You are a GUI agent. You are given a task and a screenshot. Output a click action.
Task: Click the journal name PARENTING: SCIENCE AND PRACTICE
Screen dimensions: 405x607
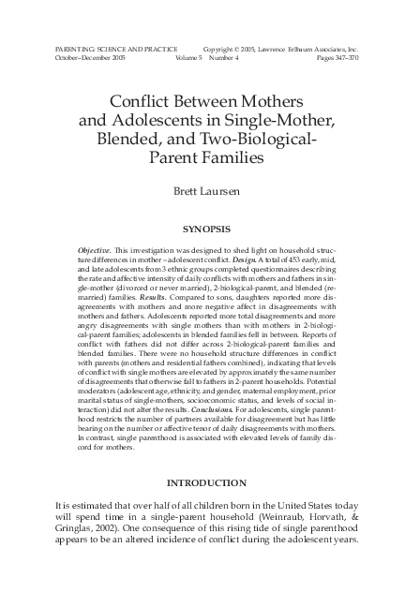[x=103, y=48]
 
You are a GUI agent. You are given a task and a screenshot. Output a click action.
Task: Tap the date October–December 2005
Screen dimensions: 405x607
[x=84, y=57]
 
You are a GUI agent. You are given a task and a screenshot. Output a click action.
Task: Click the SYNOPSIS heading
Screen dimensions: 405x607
[x=202, y=229]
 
